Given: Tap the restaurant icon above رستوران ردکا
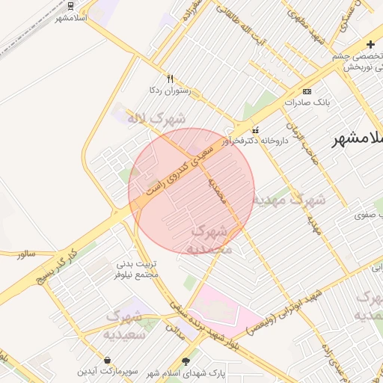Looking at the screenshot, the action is pyautogui.click(x=171, y=79).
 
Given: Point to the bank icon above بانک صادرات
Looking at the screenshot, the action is pyautogui.click(x=307, y=91).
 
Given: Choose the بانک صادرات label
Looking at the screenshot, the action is pyautogui.click(x=307, y=101).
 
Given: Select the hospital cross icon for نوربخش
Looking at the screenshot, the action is pyautogui.click(x=370, y=44).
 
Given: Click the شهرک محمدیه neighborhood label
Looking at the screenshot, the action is pyautogui.click(x=212, y=239).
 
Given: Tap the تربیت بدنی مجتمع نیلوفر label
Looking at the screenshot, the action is pyautogui.click(x=136, y=270).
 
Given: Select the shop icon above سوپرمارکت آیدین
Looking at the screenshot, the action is pyautogui.click(x=108, y=360).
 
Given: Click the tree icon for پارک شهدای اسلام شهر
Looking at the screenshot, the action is pyautogui.click(x=196, y=361).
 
